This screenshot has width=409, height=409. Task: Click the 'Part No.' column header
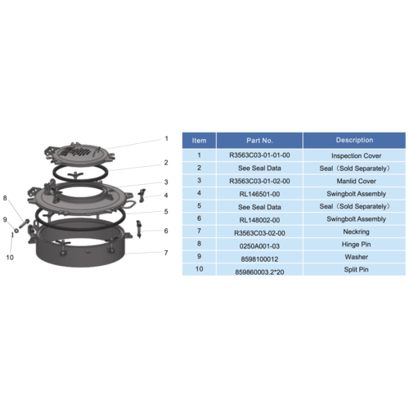pyautogui.click(x=259, y=141)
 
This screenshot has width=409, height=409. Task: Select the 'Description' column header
pyautogui.click(x=354, y=140)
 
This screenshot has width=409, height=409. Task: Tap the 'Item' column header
pyautogui.click(x=199, y=141)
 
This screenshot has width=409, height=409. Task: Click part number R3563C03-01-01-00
pyautogui.click(x=259, y=155)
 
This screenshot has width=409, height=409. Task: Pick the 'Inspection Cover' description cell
pyautogui.click(x=356, y=155)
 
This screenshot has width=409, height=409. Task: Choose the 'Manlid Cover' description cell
pyautogui.click(x=356, y=181)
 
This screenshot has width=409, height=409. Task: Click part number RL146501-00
pyautogui.click(x=259, y=194)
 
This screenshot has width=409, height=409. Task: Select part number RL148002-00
pyautogui.click(x=259, y=220)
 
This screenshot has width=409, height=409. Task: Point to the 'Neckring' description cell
pyautogui.click(x=356, y=231)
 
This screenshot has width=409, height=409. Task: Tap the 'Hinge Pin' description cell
pyautogui.click(x=356, y=245)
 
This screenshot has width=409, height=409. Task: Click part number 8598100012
pyautogui.click(x=259, y=259)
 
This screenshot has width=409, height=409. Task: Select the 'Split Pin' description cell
pyautogui.click(x=356, y=269)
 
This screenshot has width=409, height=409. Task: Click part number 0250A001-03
pyautogui.click(x=259, y=246)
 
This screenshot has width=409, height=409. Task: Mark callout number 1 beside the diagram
pyautogui.click(x=166, y=138)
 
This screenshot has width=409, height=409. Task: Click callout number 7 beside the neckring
pyautogui.click(x=166, y=253)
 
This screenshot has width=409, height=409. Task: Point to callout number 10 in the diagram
pyautogui.click(x=10, y=257)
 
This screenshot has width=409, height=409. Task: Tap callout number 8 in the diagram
pyautogui.click(x=5, y=198)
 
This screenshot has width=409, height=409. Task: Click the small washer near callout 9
pyautogui.click(x=16, y=231)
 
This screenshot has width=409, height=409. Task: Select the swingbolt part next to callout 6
pyautogui.click(x=139, y=229)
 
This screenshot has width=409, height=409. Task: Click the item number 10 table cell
pyautogui.click(x=199, y=269)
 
